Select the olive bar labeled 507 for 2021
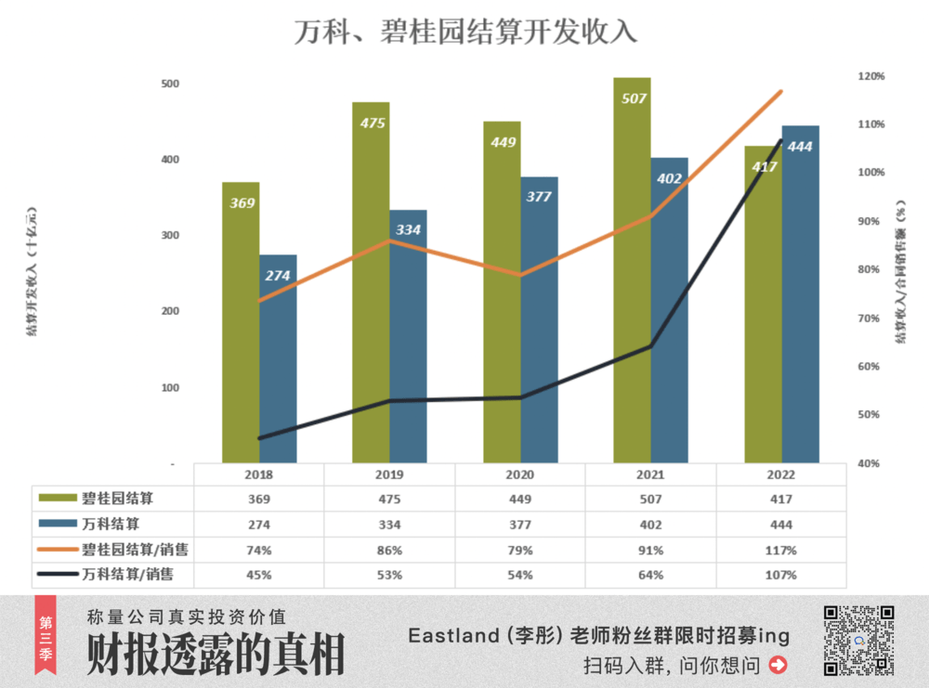coord(632,269)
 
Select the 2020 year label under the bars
coord(519,474)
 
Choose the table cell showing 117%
coord(781,551)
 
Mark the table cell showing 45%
coord(258,575)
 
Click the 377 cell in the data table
coord(519,525)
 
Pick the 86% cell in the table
coord(389,551)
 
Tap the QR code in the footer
coord(859,640)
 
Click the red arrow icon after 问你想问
coord(779,665)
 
